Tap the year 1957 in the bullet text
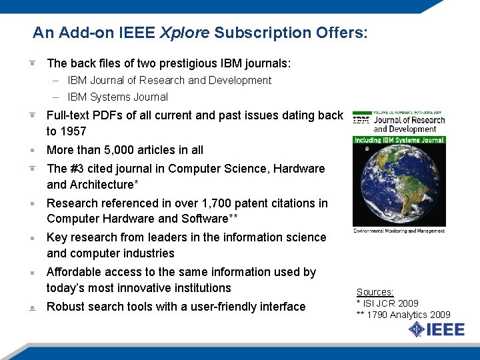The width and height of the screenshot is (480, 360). [73, 131]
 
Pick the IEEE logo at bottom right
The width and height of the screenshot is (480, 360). [429, 329]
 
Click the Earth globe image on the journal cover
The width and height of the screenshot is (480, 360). [399, 187]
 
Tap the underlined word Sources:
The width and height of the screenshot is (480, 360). [375, 292]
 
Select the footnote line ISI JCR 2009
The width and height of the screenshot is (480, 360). [391, 303]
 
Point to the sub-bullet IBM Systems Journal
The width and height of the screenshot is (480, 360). [117, 97]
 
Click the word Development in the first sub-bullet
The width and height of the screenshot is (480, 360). [239, 81]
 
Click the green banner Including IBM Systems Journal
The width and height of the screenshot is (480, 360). [399, 140]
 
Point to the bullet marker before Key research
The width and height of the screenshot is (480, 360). [31, 238]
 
